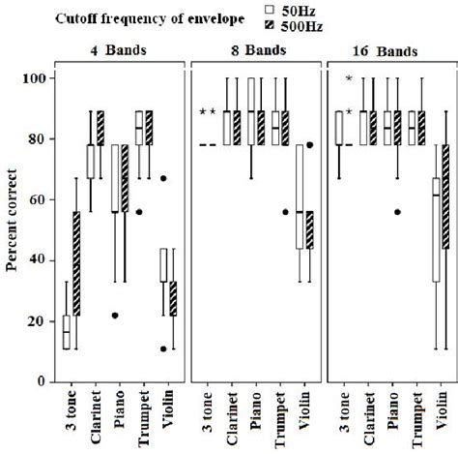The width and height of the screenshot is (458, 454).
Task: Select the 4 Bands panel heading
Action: (120, 48)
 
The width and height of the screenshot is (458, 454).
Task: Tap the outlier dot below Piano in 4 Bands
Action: (115, 316)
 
